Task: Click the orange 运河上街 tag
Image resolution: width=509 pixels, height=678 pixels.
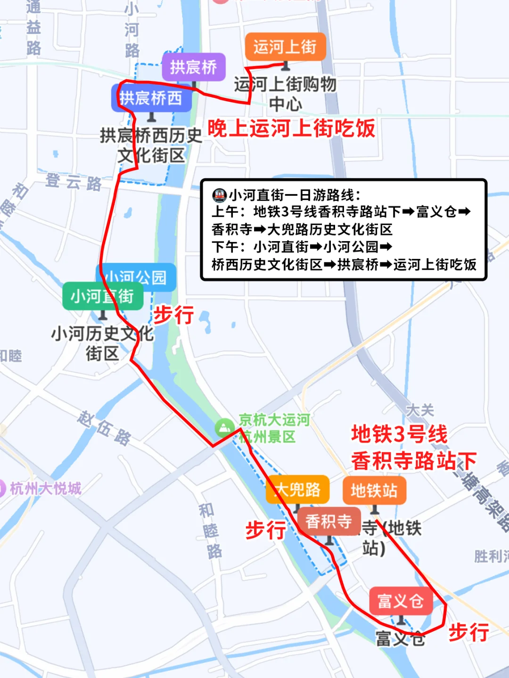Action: pyautogui.click(x=285, y=47)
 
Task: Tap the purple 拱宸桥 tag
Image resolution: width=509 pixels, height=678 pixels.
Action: pyautogui.click(x=193, y=67)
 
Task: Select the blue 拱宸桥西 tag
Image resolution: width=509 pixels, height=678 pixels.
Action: pyautogui.click(x=151, y=98)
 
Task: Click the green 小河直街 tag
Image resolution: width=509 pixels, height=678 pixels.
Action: pyautogui.click(x=102, y=296)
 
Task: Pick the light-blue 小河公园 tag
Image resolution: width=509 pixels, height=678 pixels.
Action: pyautogui.click(x=137, y=277)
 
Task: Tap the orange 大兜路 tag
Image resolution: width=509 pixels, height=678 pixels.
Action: pyautogui.click(x=298, y=490)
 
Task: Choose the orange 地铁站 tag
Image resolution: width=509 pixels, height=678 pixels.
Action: pyautogui.click(x=374, y=491)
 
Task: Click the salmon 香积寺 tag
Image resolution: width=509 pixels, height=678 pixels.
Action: pyautogui.click(x=329, y=521)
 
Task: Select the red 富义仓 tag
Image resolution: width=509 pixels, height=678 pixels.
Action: pyautogui.click(x=401, y=601)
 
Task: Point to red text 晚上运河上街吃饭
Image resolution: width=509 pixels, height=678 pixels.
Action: pyautogui.click(x=291, y=128)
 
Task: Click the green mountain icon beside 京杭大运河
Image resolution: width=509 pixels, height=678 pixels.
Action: pyautogui.click(x=224, y=428)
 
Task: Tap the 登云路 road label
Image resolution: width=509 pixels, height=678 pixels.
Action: pyautogui.click(x=74, y=182)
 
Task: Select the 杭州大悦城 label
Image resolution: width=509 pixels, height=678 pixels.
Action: pyautogui.click(x=45, y=488)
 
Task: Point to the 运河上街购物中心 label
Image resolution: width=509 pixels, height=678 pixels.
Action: pyautogui.click(x=285, y=94)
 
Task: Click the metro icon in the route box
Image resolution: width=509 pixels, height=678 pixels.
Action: pyautogui.click(x=220, y=195)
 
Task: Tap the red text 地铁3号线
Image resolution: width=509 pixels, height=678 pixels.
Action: pyautogui.click(x=399, y=434)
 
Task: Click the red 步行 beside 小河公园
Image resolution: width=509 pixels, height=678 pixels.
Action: pyautogui.click(x=173, y=314)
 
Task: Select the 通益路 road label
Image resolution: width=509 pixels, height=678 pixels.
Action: pyautogui.click(x=33, y=28)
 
